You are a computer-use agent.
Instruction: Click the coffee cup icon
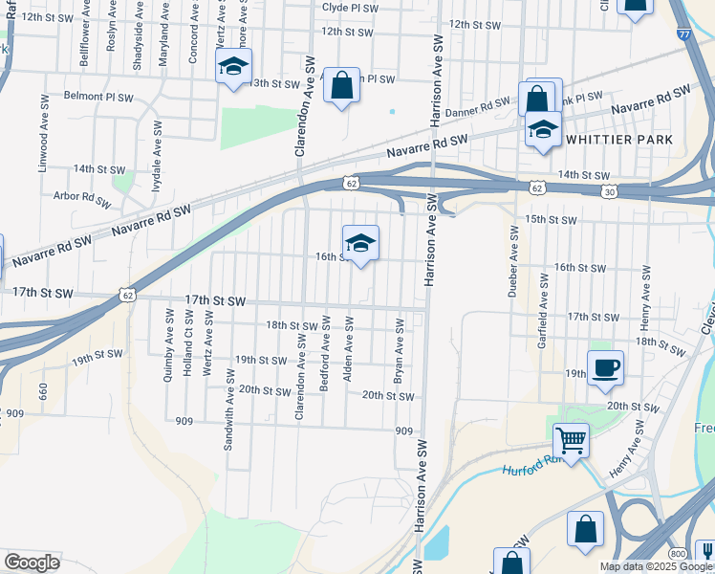606,368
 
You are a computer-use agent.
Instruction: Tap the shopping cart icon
571,441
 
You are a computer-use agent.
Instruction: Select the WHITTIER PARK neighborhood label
620,140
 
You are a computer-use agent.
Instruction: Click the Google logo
32,563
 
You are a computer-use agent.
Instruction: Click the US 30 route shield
610,192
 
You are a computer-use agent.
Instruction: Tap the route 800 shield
678,554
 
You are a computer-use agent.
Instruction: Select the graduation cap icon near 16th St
360,243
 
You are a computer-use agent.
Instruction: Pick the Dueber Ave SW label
512,270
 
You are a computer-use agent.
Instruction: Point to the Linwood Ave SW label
43,134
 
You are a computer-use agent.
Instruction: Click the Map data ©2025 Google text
656,566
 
